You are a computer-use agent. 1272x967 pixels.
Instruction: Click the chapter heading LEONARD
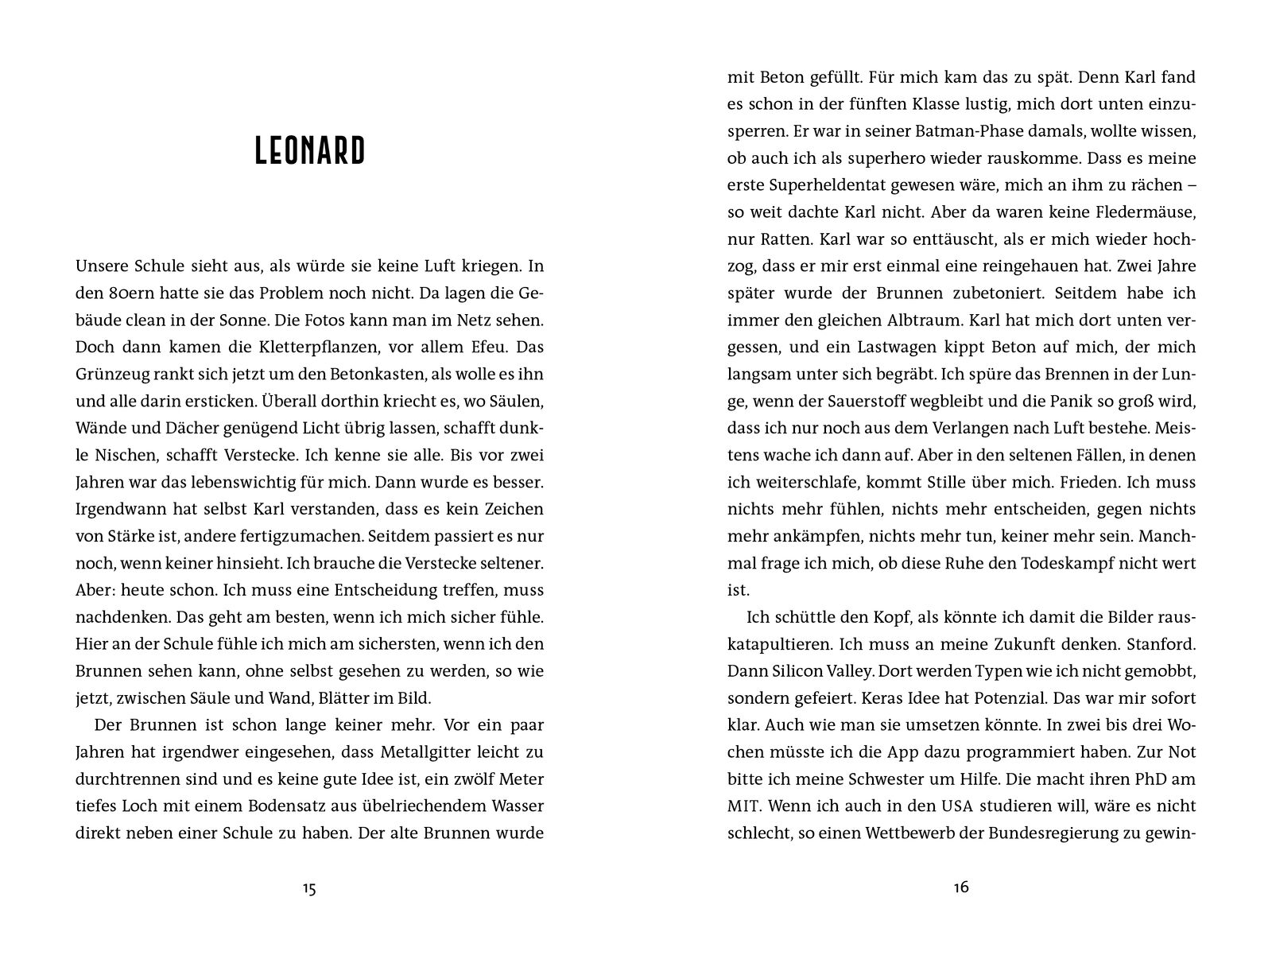pyautogui.click(x=309, y=151)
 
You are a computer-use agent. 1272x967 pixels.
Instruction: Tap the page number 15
pyautogui.click(x=309, y=888)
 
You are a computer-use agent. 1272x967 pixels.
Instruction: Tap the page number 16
pyautogui.click(x=960, y=887)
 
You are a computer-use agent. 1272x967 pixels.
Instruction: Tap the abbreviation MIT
pyautogui.click(x=743, y=806)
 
